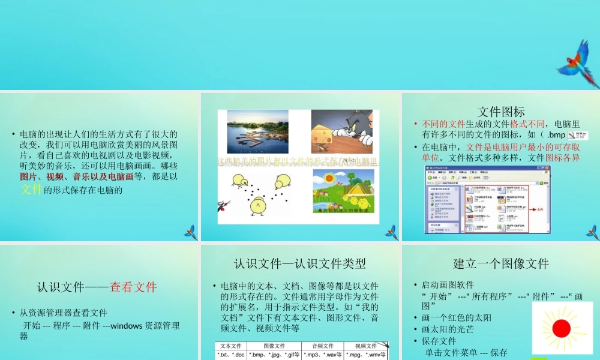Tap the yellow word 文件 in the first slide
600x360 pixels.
(x=32, y=190)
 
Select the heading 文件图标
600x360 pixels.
(x=501, y=112)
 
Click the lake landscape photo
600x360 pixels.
(x=257, y=131)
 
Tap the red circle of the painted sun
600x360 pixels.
(x=561, y=328)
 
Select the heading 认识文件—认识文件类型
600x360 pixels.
(x=300, y=263)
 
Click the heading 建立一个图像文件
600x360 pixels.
(x=501, y=263)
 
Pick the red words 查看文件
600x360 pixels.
(x=133, y=287)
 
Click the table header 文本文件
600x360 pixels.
(x=230, y=346)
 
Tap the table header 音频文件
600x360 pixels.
(x=323, y=346)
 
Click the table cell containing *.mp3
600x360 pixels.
(x=323, y=355)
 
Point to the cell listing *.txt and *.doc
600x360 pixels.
(x=230, y=355)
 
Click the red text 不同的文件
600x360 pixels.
(x=444, y=124)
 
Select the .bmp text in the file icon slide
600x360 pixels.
(x=553, y=136)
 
